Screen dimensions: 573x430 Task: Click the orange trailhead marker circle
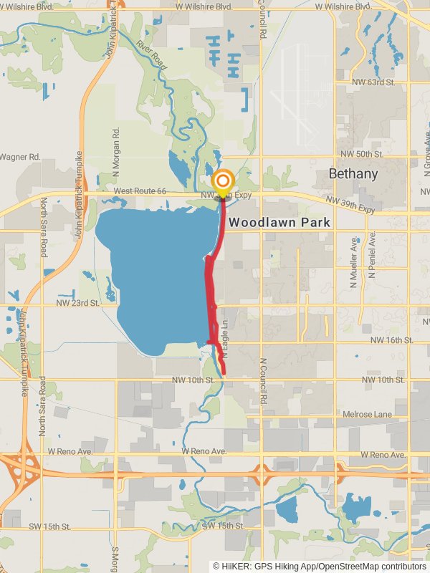224,181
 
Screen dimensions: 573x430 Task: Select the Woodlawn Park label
279,223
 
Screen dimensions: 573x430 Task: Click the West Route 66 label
140,192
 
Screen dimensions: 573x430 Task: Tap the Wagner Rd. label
13,156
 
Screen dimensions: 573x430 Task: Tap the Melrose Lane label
368,414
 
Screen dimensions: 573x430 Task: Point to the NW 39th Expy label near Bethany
350,205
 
